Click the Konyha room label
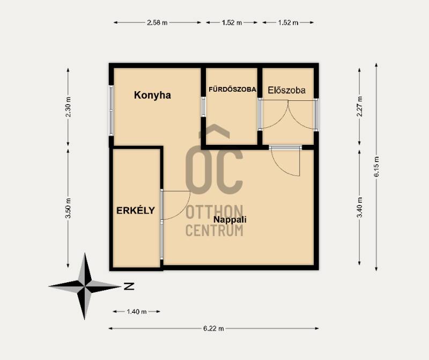[152, 95]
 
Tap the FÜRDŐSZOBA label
[232, 89]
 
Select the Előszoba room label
[286, 90]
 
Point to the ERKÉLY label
[136, 210]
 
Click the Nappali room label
[230, 219]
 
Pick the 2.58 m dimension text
[157, 23]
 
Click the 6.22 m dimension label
[213, 328]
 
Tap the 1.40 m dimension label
[137, 312]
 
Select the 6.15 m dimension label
[376, 166]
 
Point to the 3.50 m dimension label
[68, 208]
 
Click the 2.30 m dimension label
[68, 107]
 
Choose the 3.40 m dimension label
[359, 207]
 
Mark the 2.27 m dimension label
[359, 106]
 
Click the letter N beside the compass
[129, 286]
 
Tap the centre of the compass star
[85, 286]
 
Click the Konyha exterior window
[111, 111]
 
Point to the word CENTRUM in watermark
[214, 230]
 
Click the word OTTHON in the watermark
[214, 212]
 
